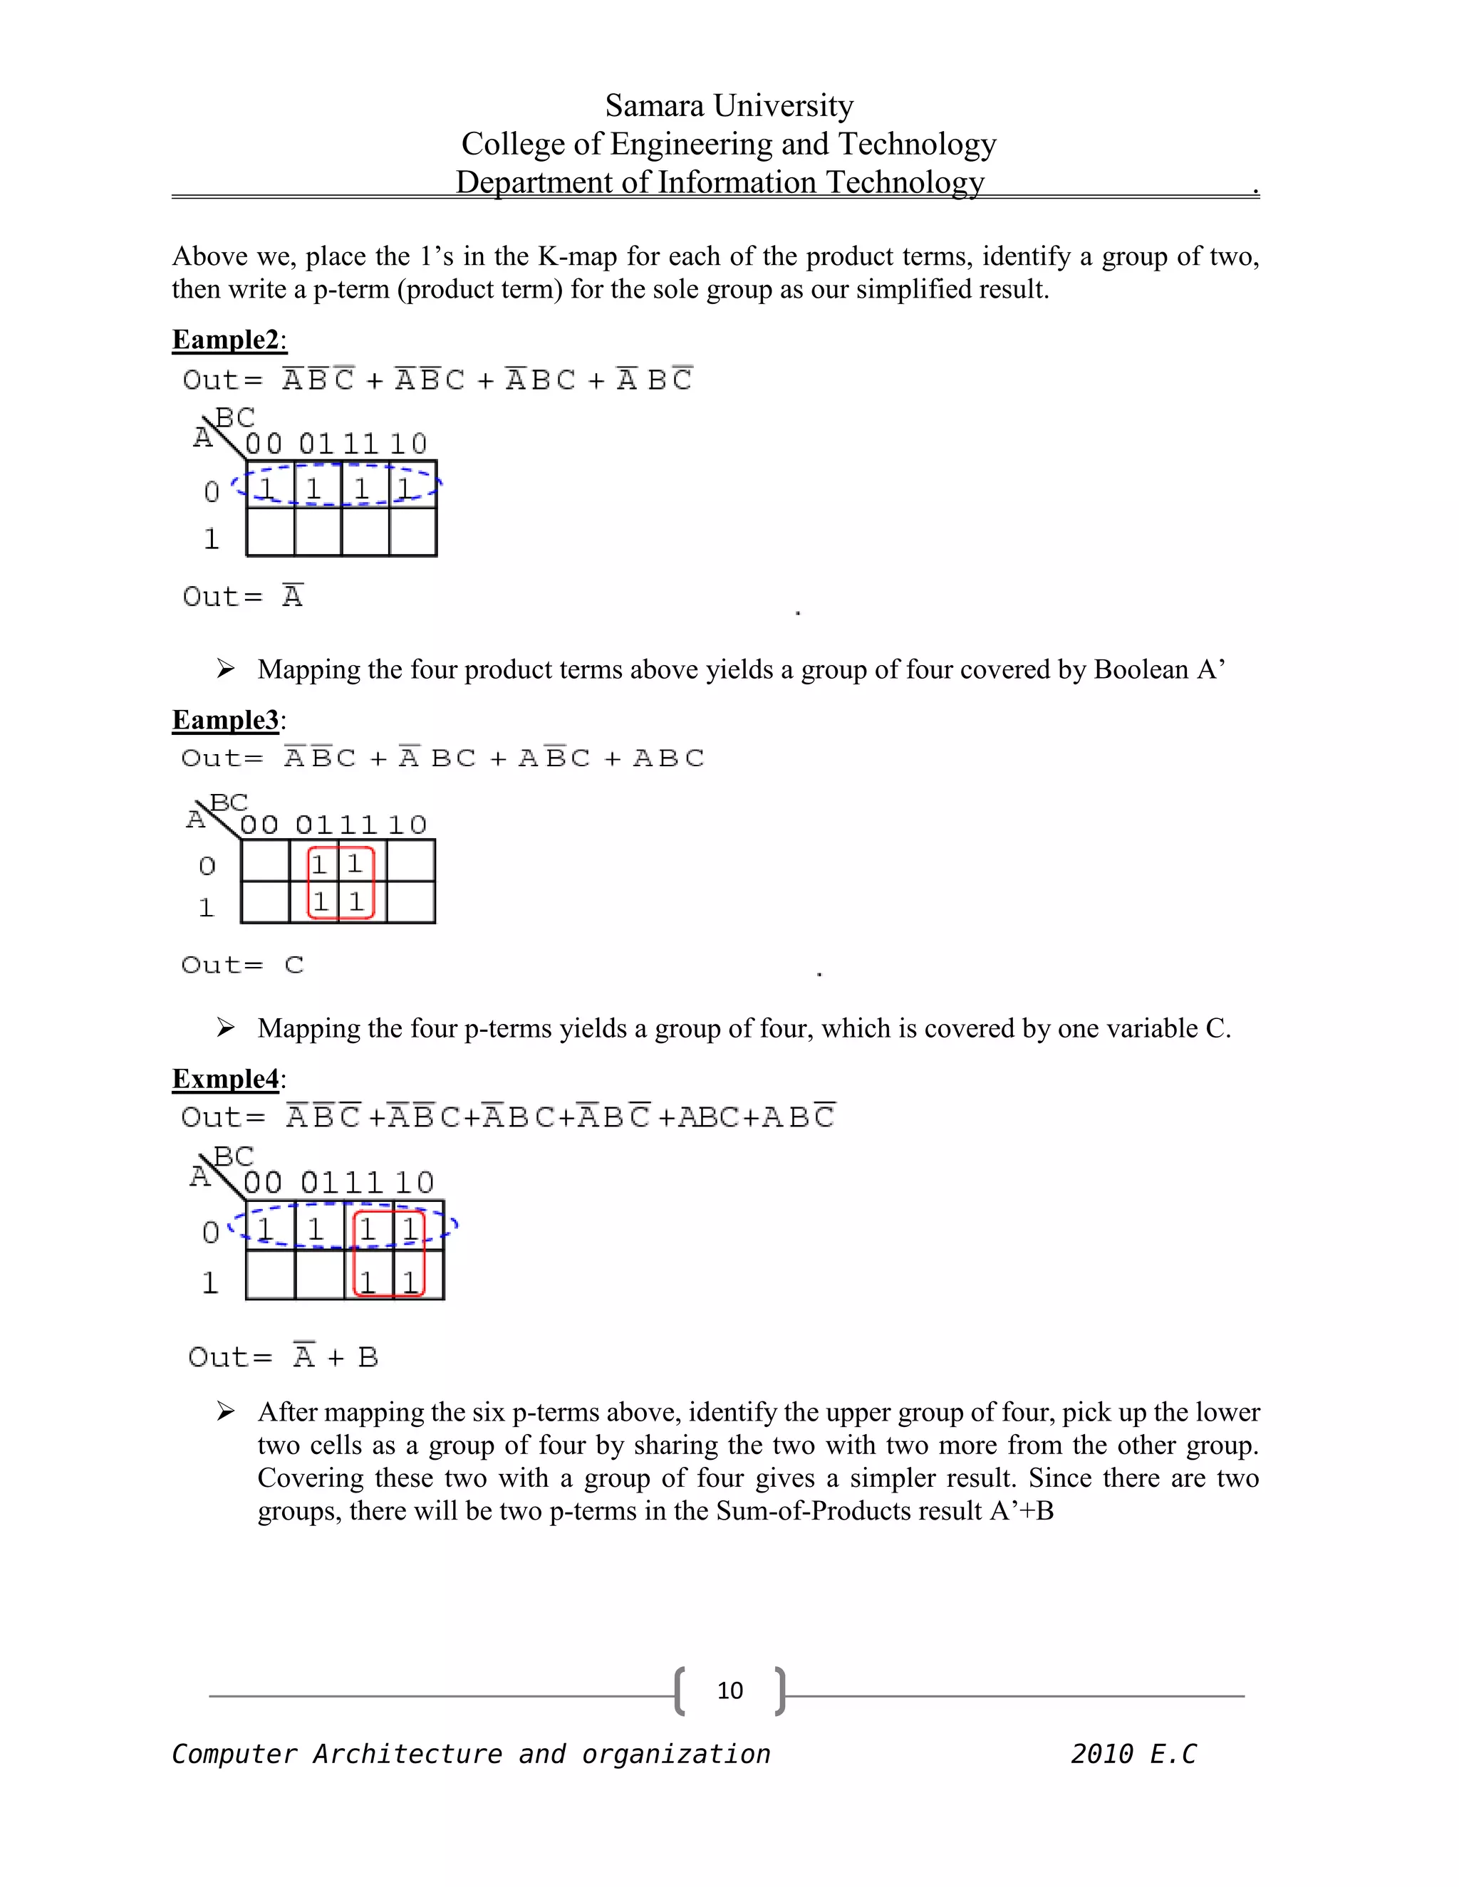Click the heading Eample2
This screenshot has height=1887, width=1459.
pos(227,340)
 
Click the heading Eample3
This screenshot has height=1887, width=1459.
pos(227,720)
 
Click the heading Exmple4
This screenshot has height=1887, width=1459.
pos(227,1078)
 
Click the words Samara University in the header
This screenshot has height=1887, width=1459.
pos(729,105)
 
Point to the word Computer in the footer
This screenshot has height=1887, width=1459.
pos(234,1754)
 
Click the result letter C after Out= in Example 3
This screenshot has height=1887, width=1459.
pos(294,964)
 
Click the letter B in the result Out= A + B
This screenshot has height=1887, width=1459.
pos(368,1357)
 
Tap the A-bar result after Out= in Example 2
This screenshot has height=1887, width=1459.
pos(292,596)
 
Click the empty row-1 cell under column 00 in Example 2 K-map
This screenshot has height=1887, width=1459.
pos(271,531)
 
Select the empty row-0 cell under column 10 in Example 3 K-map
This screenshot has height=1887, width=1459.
pos(410,861)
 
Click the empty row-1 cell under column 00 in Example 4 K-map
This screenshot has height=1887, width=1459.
pos(271,1275)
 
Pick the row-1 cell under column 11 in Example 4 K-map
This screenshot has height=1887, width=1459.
pos(369,1276)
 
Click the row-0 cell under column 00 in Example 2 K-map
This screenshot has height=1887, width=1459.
pos(271,486)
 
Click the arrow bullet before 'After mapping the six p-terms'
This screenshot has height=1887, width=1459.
pos(226,1412)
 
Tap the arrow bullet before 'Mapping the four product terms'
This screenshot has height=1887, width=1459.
pos(226,669)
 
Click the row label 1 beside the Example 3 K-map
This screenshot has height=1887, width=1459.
pos(206,907)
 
